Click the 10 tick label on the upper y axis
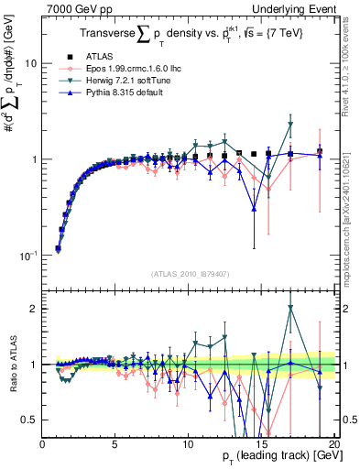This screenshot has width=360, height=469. (x=30, y=64)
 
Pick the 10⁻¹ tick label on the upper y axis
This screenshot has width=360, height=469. (x=28, y=255)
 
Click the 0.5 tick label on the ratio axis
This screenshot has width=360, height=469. (x=30, y=420)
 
